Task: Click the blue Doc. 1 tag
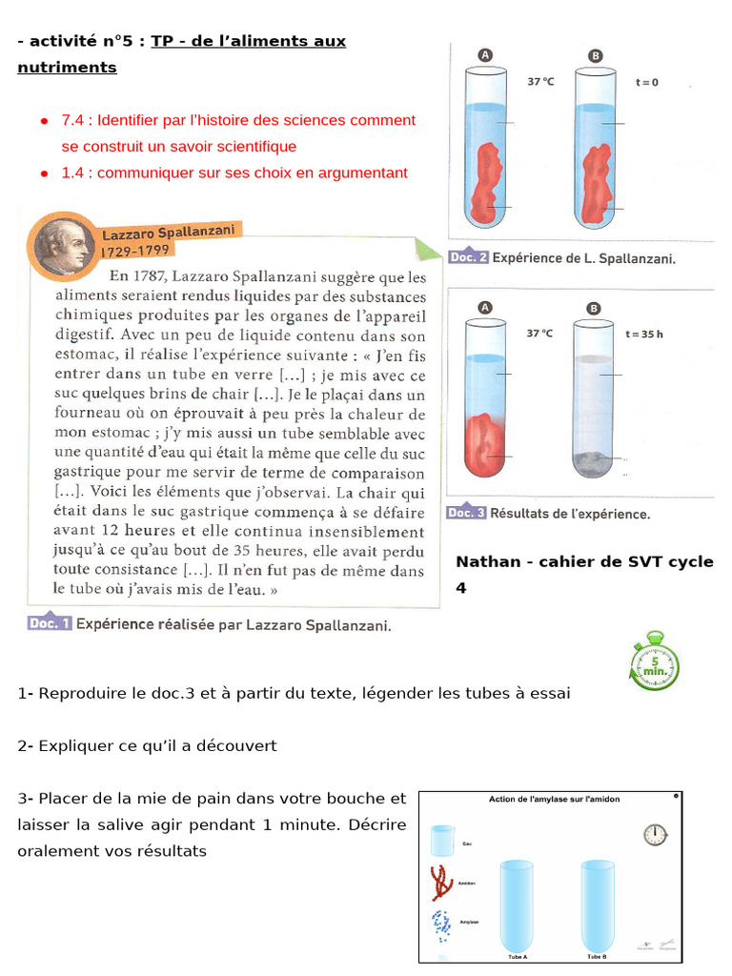click(50, 624)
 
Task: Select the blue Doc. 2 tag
click(467, 257)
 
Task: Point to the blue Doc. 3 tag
click(467, 513)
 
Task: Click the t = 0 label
click(646, 82)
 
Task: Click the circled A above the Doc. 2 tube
click(485, 56)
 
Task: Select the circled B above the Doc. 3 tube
click(595, 309)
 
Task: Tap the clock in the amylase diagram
click(655, 835)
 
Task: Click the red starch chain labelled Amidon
click(441, 883)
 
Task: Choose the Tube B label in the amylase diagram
click(597, 956)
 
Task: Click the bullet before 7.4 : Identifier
click(44, 121)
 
